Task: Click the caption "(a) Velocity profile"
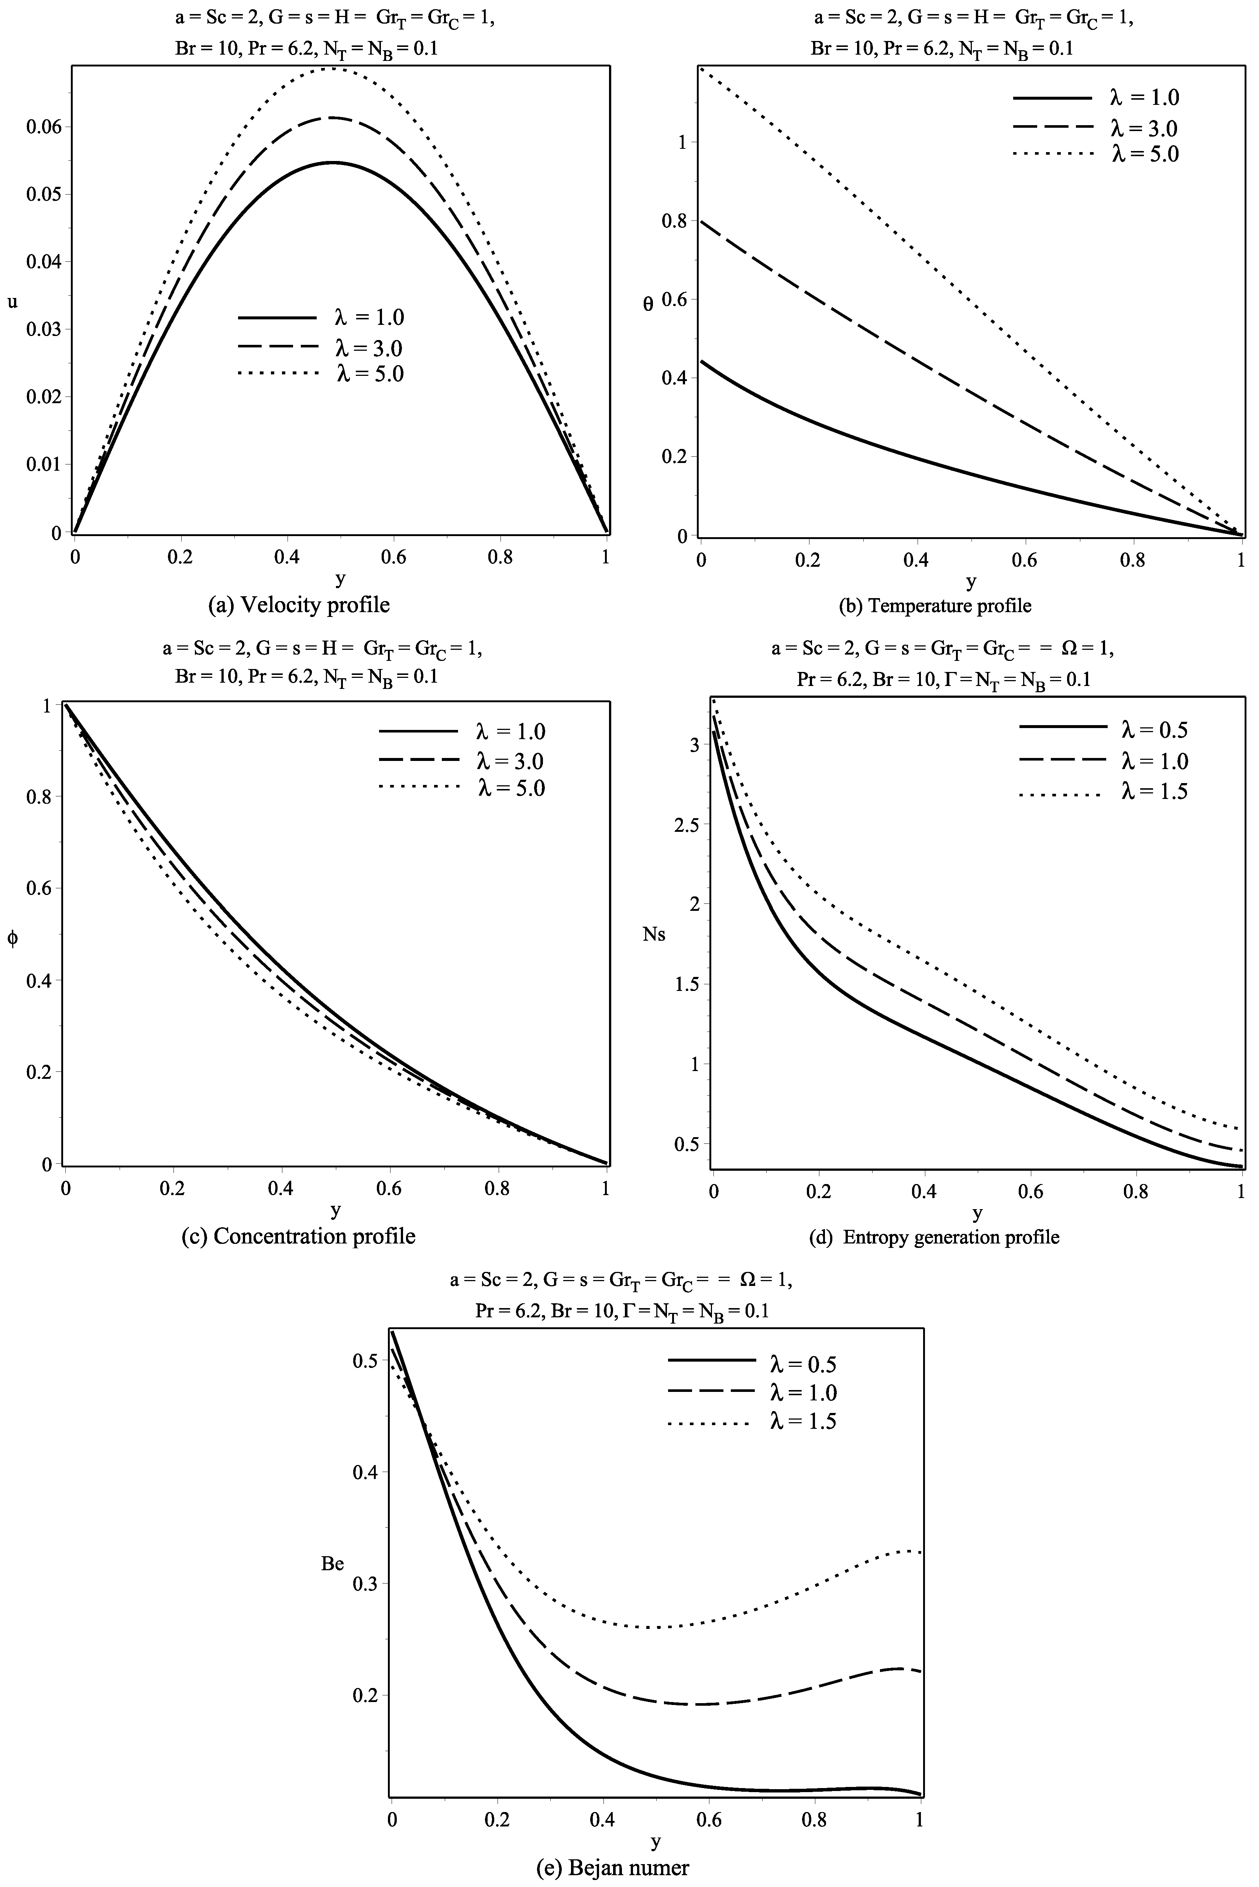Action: tap(299, 605)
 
